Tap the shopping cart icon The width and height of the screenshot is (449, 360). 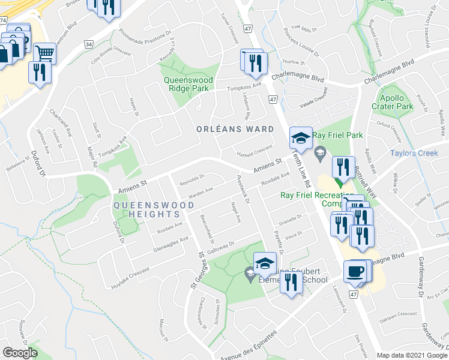(x=44, y=53)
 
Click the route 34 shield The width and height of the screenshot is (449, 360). (x=89, y=44)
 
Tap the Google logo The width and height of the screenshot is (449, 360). (x=20, y=352)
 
